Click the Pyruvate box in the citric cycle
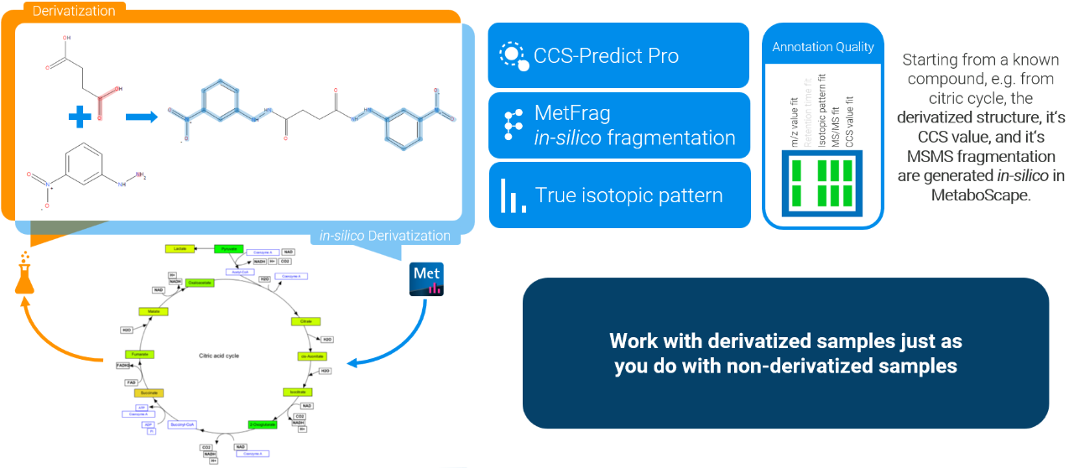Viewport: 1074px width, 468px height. point(227,249)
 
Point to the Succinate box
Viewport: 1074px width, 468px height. point(148,392)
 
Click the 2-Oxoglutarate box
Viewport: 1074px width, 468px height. point(262,424)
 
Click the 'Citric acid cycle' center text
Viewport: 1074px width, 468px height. point(219,356)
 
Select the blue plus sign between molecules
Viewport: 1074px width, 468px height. point(81,117)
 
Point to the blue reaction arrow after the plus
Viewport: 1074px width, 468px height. point(141,116)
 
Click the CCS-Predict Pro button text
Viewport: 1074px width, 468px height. point(606,56)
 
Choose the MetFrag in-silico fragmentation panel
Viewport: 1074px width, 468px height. point(618,125)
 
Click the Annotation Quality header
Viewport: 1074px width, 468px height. point(822,47)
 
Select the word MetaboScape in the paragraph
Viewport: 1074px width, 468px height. point(979,194)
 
